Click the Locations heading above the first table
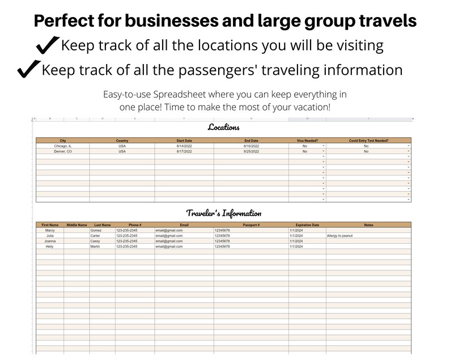point(223,127)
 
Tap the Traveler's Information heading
point(224,213)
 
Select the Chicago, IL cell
point(63,146)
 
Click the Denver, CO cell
point(63,151)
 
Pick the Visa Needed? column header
point(307,141)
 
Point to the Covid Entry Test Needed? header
point(368,141)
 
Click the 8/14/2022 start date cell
point(184,146)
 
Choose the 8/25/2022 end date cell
point(251,151)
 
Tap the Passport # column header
point(251,225)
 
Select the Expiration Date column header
point(307,225)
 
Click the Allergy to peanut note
point(339,236)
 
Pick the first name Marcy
point(50,230)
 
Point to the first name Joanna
point(50,241)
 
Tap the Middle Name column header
point(77,225)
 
